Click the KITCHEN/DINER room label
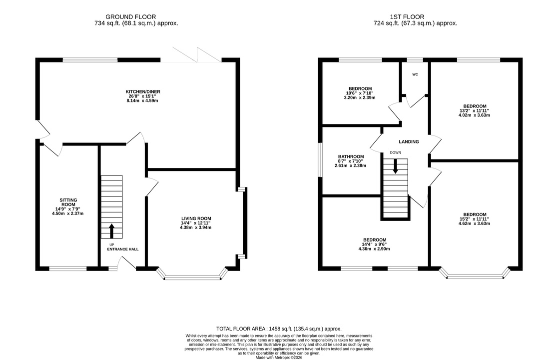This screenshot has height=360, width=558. tap(142, 91)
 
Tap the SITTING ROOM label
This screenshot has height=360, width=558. tap(68, 202)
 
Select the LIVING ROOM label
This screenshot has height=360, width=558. tap(196, 218)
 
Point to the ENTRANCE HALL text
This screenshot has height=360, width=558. tap(123, 249)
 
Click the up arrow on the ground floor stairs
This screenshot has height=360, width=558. tap(112, 231)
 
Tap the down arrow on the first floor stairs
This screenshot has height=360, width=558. tap(395, 166)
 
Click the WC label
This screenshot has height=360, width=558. tap(415, 74)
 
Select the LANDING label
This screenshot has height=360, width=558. tap(409, 141)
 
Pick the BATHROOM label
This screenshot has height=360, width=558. tap(351, 156)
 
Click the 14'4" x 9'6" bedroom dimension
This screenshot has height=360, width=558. tap(374, 244)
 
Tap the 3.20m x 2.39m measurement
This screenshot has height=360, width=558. tap(360, 97)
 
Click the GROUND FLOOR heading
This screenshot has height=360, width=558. tap(130, 16)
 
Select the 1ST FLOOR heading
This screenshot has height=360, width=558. tap(407, 16)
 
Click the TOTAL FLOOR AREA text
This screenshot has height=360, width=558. tap(279, 328)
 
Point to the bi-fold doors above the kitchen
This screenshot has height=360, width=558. tap(196, 54)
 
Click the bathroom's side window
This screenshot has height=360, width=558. tap(320, 160)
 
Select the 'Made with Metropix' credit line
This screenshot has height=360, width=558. tap(279, 357)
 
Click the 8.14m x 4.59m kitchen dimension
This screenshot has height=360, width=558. tap(142, 100)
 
